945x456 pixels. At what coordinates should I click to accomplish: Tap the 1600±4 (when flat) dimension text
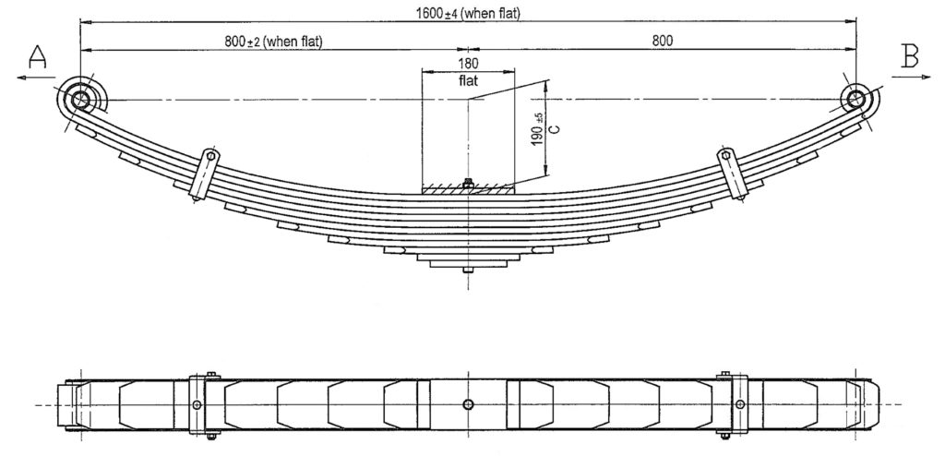[468, 13]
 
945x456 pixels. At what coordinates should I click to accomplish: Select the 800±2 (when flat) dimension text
[274, 41]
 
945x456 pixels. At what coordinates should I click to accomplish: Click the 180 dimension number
[468, 63]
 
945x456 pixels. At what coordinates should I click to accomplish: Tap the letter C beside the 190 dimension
[555, 128]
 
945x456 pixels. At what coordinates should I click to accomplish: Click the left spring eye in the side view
[80, 99]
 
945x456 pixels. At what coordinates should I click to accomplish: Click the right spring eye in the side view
[855, 98]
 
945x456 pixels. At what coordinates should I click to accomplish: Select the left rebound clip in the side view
[204, 174]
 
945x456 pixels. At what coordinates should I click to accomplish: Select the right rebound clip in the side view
[732, 174]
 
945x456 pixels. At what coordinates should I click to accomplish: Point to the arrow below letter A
[34, 78]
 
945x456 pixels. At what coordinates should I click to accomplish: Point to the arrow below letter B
[911, 77]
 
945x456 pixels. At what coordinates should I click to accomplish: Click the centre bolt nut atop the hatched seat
[468, 183]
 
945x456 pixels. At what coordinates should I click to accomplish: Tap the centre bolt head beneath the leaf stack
[468, 270]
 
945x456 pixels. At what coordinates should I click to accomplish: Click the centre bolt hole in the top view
[468, 404]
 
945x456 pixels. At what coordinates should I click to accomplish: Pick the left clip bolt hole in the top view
[197, 404]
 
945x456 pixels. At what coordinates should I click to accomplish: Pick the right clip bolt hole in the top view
[740, 404]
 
